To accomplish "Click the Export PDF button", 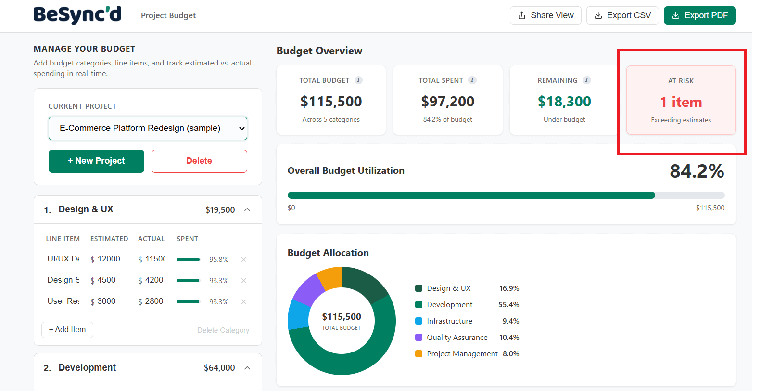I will point(699,15).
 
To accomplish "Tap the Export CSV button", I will point(622,15).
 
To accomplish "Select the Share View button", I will point(545,15).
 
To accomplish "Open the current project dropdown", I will point(148,128).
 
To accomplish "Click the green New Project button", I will point(96,161).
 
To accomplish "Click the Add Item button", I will point(67,330).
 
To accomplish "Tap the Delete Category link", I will point(223,330).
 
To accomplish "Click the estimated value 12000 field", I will point(109,259).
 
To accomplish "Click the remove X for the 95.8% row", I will point(244,260).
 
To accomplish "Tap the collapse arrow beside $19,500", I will point(247,209).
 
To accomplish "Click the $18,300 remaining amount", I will point(564,102).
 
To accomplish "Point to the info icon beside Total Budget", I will point(358,80).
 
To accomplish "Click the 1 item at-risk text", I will point(681,102).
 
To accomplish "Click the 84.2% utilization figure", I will point(697,171).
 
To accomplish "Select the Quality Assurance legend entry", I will point(457,338).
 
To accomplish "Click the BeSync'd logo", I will point(77,15).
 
